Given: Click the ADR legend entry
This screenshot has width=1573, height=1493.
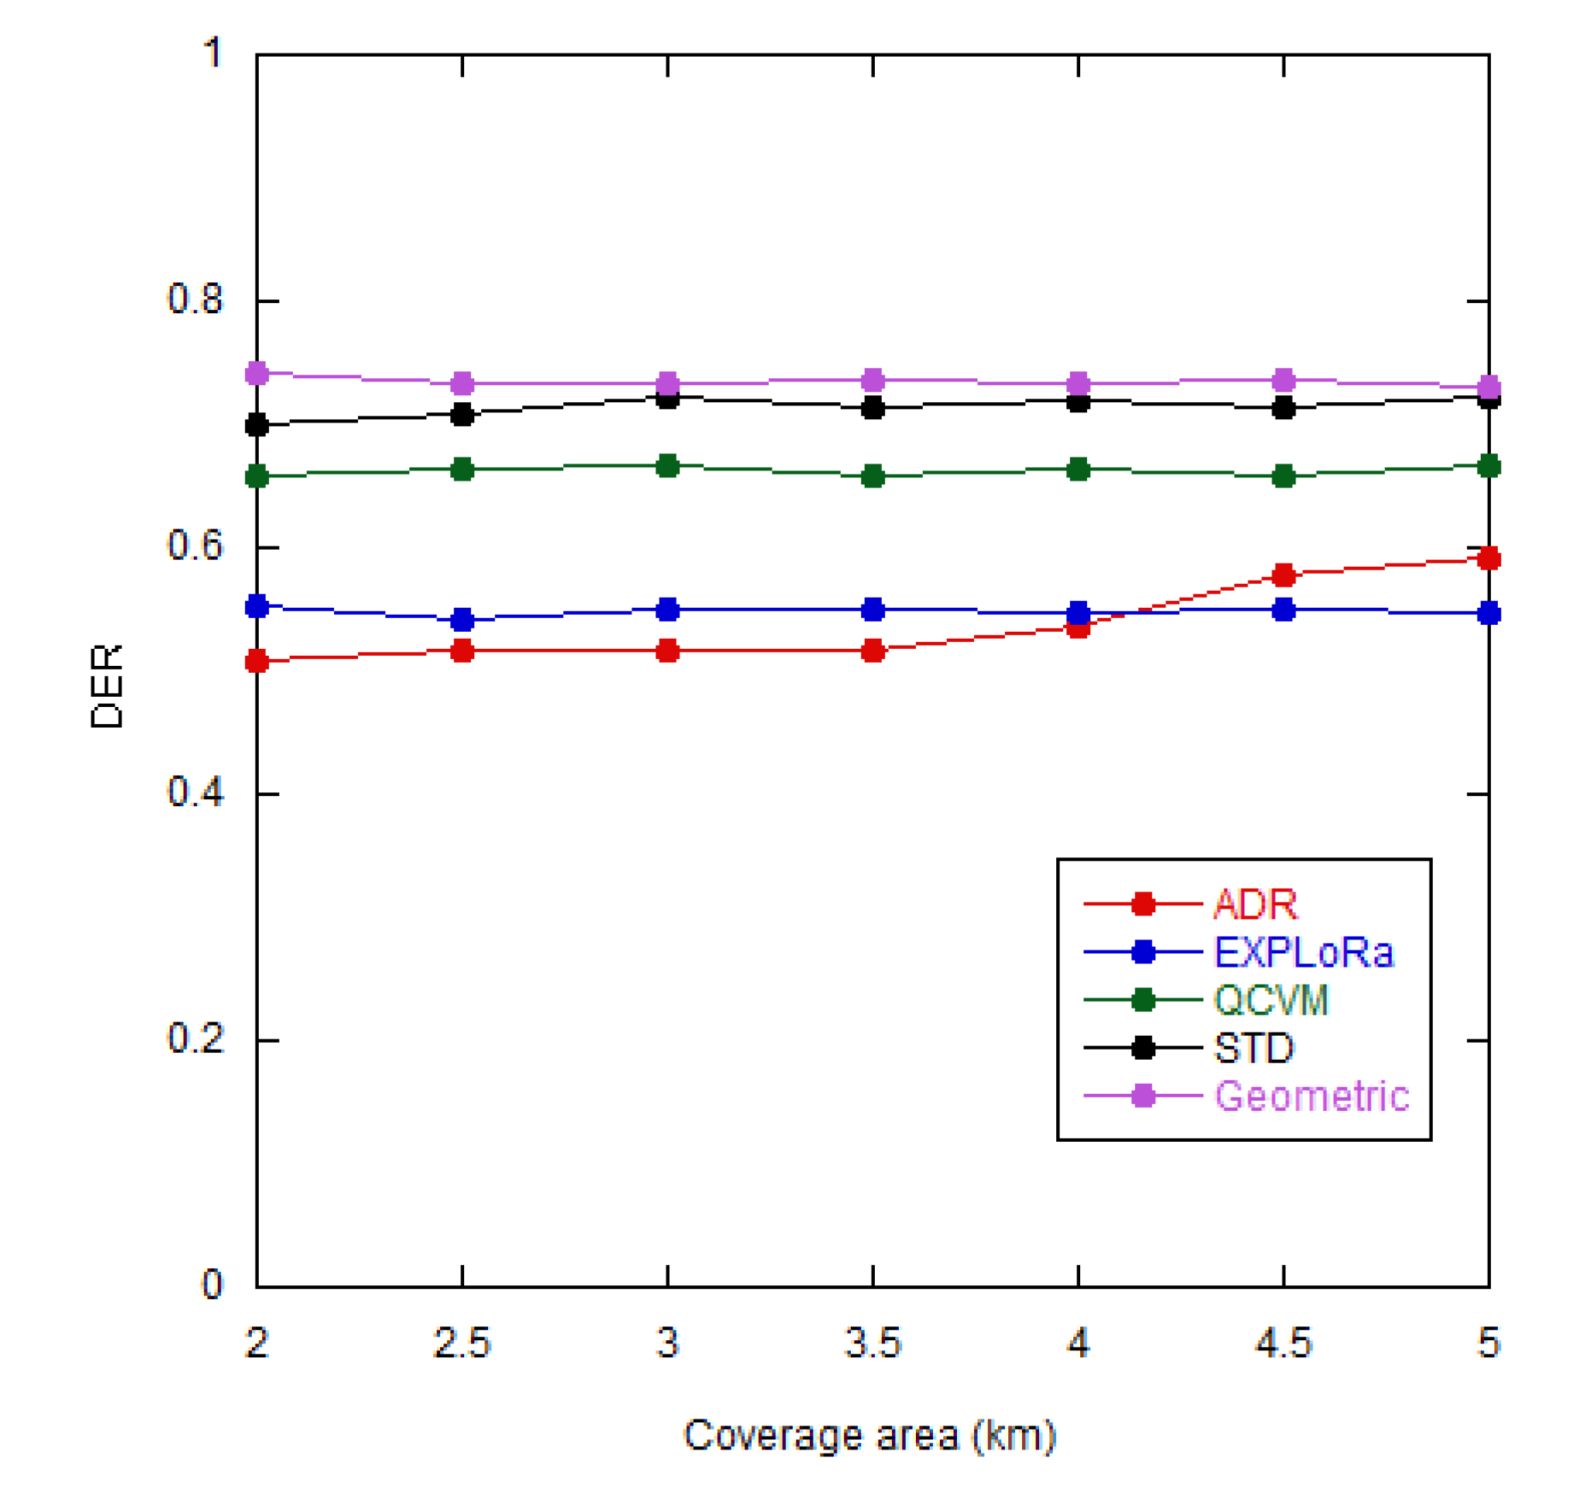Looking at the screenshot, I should [x=1255, y=904].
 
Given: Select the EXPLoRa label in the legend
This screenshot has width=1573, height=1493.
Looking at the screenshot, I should [x=1303, y=952].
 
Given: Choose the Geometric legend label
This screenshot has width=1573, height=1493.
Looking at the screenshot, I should [x=1311, y=1096].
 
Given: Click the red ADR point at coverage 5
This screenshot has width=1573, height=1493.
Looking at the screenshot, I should [x=1489, y=559].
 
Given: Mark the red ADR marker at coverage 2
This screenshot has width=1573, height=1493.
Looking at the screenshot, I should [x=257, y=661].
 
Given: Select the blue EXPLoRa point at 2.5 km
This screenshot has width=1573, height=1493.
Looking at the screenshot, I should [x=463, y=619].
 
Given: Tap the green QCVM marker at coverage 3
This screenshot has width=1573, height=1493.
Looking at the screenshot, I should [x=667, y=467].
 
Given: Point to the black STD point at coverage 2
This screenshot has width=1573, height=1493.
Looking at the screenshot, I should [x=257, y=425].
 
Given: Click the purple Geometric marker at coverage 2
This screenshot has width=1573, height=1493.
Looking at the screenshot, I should [x=257, y=374].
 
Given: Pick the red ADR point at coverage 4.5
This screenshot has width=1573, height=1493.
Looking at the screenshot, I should [x=1283, y=574].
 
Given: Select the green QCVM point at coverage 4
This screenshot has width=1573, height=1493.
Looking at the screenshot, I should [x=1078, y=470].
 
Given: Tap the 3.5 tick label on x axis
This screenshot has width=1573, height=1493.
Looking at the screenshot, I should [x=872, y=1343].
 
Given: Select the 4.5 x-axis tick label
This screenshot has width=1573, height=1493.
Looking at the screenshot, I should [x=1282, y=1343].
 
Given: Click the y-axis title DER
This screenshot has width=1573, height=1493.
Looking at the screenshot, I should [x=107, y=686].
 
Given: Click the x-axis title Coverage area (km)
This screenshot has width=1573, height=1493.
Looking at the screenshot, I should [x=869, y=1435].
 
